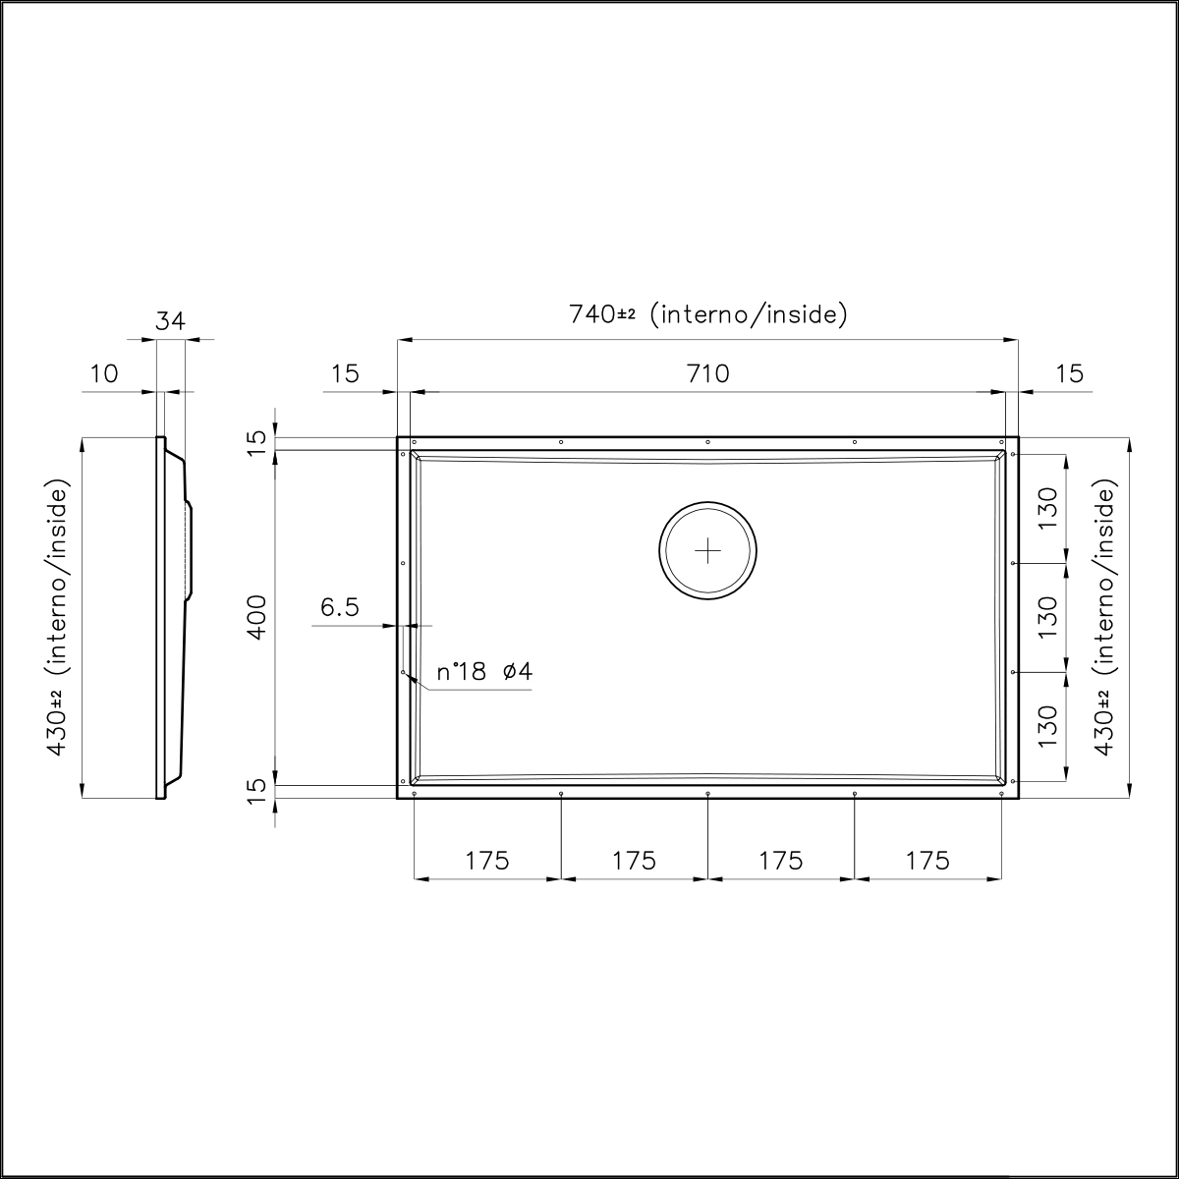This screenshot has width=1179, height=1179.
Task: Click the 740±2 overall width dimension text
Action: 707,314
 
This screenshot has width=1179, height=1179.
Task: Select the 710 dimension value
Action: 707,373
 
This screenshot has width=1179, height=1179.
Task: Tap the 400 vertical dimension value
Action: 256,617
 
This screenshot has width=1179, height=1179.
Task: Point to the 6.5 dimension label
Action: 339,608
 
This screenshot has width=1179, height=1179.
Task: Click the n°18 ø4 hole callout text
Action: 484,673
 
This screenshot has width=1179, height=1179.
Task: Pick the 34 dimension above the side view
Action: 170,320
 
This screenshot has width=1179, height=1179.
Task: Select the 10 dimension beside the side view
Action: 103,373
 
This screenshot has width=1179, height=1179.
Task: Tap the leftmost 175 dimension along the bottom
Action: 487,861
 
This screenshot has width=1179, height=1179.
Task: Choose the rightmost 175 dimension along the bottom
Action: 927,861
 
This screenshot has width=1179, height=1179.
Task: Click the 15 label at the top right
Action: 1070,373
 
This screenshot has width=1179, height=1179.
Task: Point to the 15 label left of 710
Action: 345,373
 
